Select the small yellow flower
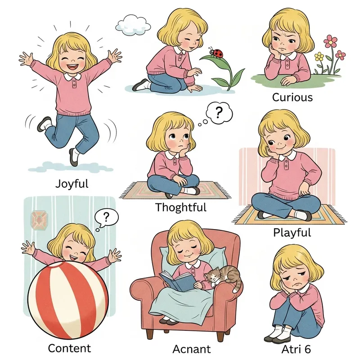(319, 57)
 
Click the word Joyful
(72, 184)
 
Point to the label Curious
(292, 97)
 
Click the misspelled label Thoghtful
(181, 207)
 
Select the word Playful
(292, 233)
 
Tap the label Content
(69, 348)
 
